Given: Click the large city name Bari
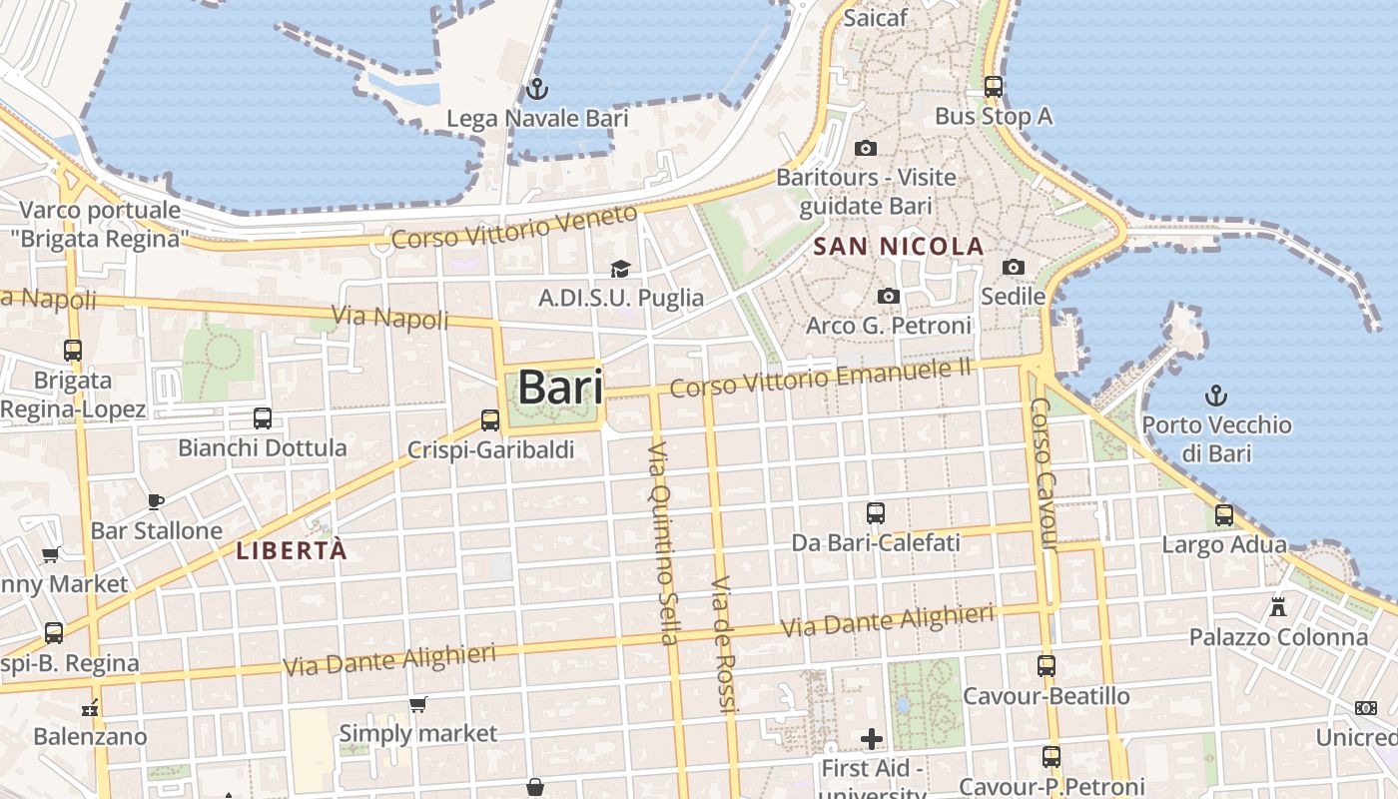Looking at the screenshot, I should tap(560, 388).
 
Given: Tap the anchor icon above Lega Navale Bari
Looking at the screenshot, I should tap(537, 89).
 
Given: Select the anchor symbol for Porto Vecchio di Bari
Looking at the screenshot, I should tap(1215, 396).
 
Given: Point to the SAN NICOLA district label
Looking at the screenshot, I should tap(899, 246).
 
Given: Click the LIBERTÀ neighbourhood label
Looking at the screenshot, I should tap(292, 550).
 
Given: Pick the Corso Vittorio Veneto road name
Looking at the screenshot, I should tap(514, 227).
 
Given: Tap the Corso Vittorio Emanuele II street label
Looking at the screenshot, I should tap(820, 379).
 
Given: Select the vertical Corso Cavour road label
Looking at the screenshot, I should tap(1043, 473).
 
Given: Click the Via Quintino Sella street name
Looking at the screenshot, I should tap(663, 544).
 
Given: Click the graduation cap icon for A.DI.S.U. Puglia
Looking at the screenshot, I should tap(620, 269).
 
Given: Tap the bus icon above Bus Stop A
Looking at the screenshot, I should tap(993, 87).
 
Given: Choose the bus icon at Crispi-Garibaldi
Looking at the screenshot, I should tap(489, 420).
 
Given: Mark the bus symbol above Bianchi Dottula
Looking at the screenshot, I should tap(262, 418).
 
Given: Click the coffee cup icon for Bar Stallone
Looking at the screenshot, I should tap(155, 501).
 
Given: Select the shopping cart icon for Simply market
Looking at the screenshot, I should tap(418, 704).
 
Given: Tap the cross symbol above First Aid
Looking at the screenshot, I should tap(872, 739).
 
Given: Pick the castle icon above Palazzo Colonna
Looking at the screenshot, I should tap(1277, 606).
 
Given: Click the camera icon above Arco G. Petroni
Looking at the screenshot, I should tap(888, 297).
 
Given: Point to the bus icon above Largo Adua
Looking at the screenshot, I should tap(1223, 515).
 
